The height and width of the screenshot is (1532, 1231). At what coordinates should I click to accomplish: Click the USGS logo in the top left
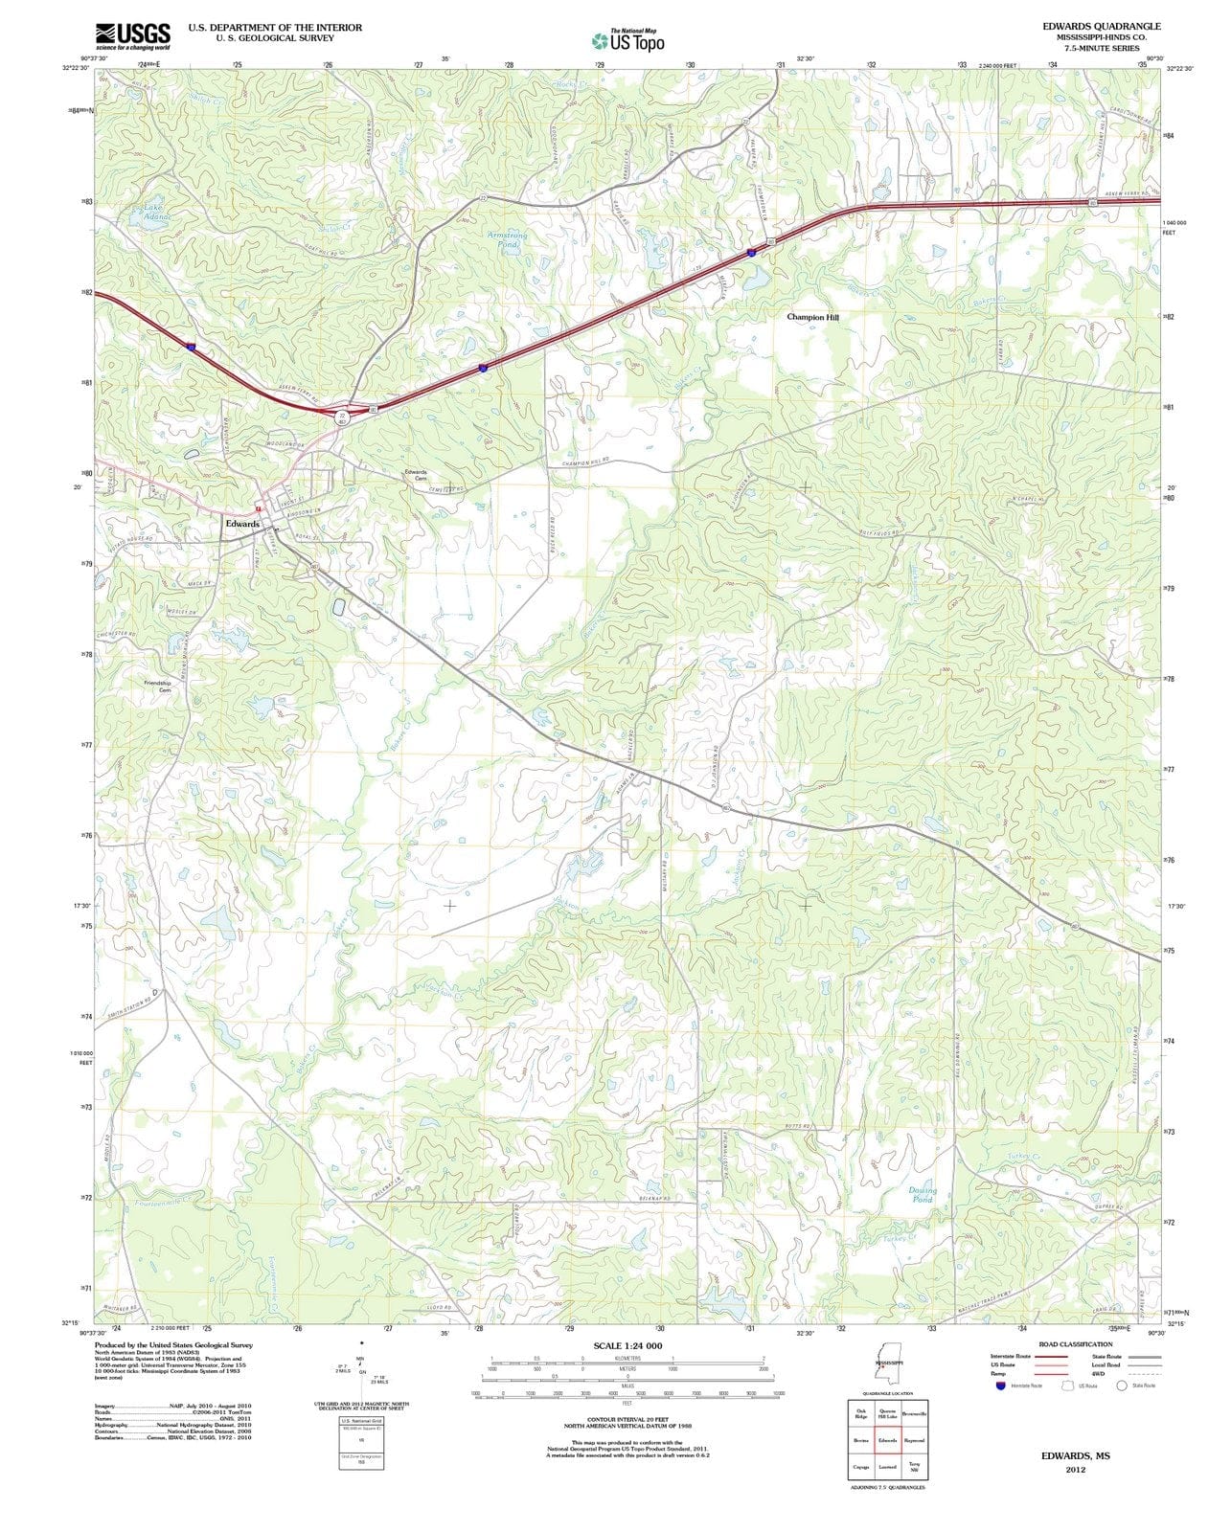(132, 36)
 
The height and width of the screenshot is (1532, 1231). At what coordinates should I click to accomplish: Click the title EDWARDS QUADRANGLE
(1102, 26)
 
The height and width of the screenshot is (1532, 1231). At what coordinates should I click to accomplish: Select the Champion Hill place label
(812, 316)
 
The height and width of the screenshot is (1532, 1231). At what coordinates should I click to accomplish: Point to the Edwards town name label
(242, 524)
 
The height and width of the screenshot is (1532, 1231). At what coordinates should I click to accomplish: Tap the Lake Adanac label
(155, 213)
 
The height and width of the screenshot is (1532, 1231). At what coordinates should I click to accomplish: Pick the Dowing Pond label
(922, 1195)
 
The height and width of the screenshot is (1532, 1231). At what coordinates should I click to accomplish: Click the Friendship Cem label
(157, 686)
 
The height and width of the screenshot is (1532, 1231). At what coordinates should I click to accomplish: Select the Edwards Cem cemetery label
(415, 475)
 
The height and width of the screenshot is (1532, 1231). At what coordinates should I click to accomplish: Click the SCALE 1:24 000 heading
(627, 1345)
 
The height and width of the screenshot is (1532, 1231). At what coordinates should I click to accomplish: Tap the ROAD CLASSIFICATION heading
(1075, 1344)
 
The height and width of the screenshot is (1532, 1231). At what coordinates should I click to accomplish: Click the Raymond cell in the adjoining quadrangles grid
(913, 1440)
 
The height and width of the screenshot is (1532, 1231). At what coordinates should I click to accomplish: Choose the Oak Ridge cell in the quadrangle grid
(861, 1414)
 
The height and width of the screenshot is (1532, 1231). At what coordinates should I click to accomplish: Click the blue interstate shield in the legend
(1001, 1386)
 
